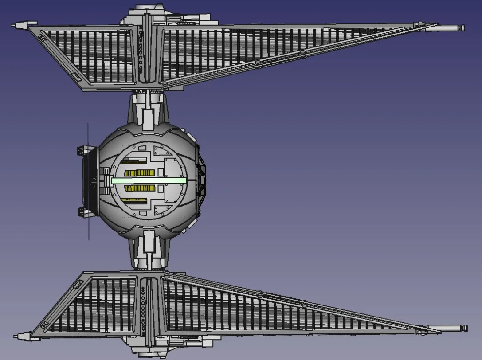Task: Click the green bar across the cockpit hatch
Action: (149, 180)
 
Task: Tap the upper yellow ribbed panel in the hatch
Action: (139, 173)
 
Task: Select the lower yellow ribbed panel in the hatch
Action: (139, 188)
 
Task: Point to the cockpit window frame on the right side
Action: (202, 180)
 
